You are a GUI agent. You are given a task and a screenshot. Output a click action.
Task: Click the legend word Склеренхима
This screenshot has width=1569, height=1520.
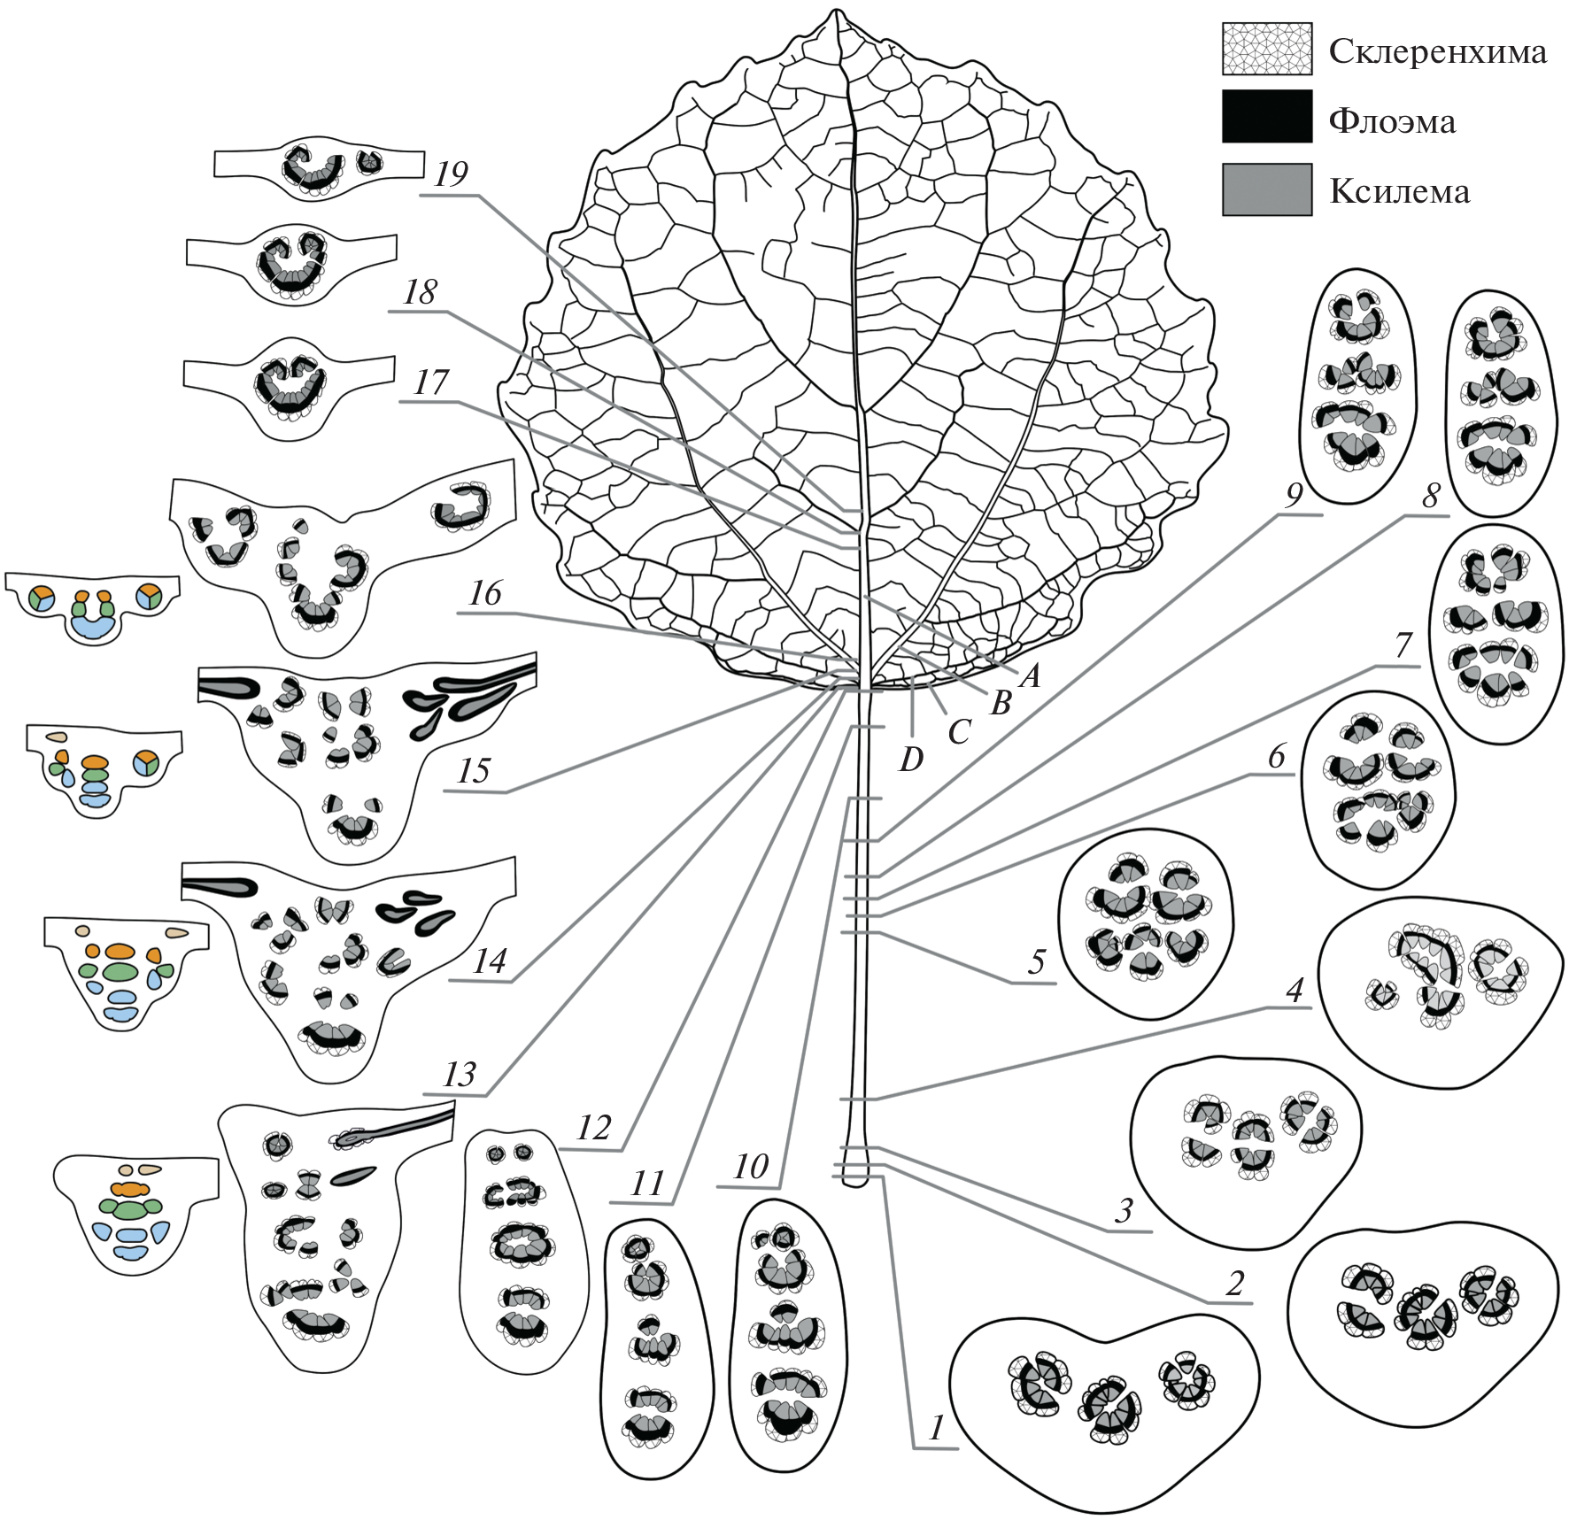(1437, 52)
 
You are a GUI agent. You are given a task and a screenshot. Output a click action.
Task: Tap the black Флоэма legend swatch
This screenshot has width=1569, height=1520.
(1266, 117)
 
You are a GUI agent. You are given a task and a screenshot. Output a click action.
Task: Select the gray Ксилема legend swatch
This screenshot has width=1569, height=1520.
(1266, 189)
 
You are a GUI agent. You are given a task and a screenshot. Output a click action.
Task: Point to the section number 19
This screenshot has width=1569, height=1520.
(450, 174)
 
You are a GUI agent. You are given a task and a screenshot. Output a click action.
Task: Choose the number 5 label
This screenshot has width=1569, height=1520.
(1036, 961)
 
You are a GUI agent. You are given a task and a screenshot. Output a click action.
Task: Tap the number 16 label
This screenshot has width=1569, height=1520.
(484, 593)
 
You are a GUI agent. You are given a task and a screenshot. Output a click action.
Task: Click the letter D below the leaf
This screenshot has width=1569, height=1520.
(910, 759)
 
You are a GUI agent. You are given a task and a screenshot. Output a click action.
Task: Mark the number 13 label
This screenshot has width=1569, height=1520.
(459, 1075)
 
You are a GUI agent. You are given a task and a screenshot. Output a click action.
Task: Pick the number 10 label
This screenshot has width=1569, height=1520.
(750, 1167)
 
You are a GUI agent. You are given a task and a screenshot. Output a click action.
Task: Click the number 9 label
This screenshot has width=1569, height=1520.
(1294, 496)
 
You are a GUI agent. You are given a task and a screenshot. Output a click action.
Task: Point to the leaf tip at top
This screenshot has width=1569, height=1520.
(835, 12)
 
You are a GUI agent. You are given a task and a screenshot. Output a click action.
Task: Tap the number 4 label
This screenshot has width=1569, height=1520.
(1295, 990)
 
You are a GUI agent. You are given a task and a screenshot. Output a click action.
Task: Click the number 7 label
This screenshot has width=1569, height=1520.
(1403, 645)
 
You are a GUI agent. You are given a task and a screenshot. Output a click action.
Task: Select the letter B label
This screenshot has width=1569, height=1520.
(1001, 703)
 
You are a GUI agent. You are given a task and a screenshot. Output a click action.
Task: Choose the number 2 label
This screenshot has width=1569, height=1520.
(1234, 1283)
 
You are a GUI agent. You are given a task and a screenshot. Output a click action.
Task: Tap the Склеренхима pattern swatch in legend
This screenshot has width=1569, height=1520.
(1266, 48)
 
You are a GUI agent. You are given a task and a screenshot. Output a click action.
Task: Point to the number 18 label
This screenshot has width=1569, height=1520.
(419, 292)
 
